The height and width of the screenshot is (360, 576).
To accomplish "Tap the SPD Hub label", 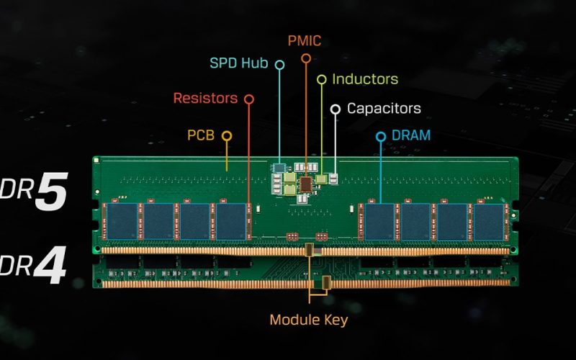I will coord(238,63).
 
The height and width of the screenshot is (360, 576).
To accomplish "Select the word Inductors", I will coord(365,79).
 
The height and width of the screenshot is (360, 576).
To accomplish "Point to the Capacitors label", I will coord(384,109).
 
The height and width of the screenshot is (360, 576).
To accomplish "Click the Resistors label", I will coord(205,98).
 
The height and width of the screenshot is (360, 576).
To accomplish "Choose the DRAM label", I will coord(411,135).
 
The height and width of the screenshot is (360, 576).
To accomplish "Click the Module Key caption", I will coord(308,320).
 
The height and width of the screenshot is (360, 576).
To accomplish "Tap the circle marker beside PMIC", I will coord(306,56).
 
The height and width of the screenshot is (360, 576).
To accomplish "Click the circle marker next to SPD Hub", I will coord(279,64).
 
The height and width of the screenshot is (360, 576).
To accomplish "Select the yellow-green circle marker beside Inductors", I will coord(322,78).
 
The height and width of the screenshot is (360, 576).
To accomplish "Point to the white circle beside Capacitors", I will coord(335,109).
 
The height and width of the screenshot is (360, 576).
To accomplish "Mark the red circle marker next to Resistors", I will coord(248,98).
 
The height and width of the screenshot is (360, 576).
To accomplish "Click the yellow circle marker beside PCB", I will coord(227,135).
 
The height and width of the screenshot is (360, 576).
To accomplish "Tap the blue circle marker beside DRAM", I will coord(381,135).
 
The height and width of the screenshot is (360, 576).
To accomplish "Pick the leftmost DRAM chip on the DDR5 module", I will coord(120,221).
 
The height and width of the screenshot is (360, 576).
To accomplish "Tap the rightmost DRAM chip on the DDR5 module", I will coord(489,221).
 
